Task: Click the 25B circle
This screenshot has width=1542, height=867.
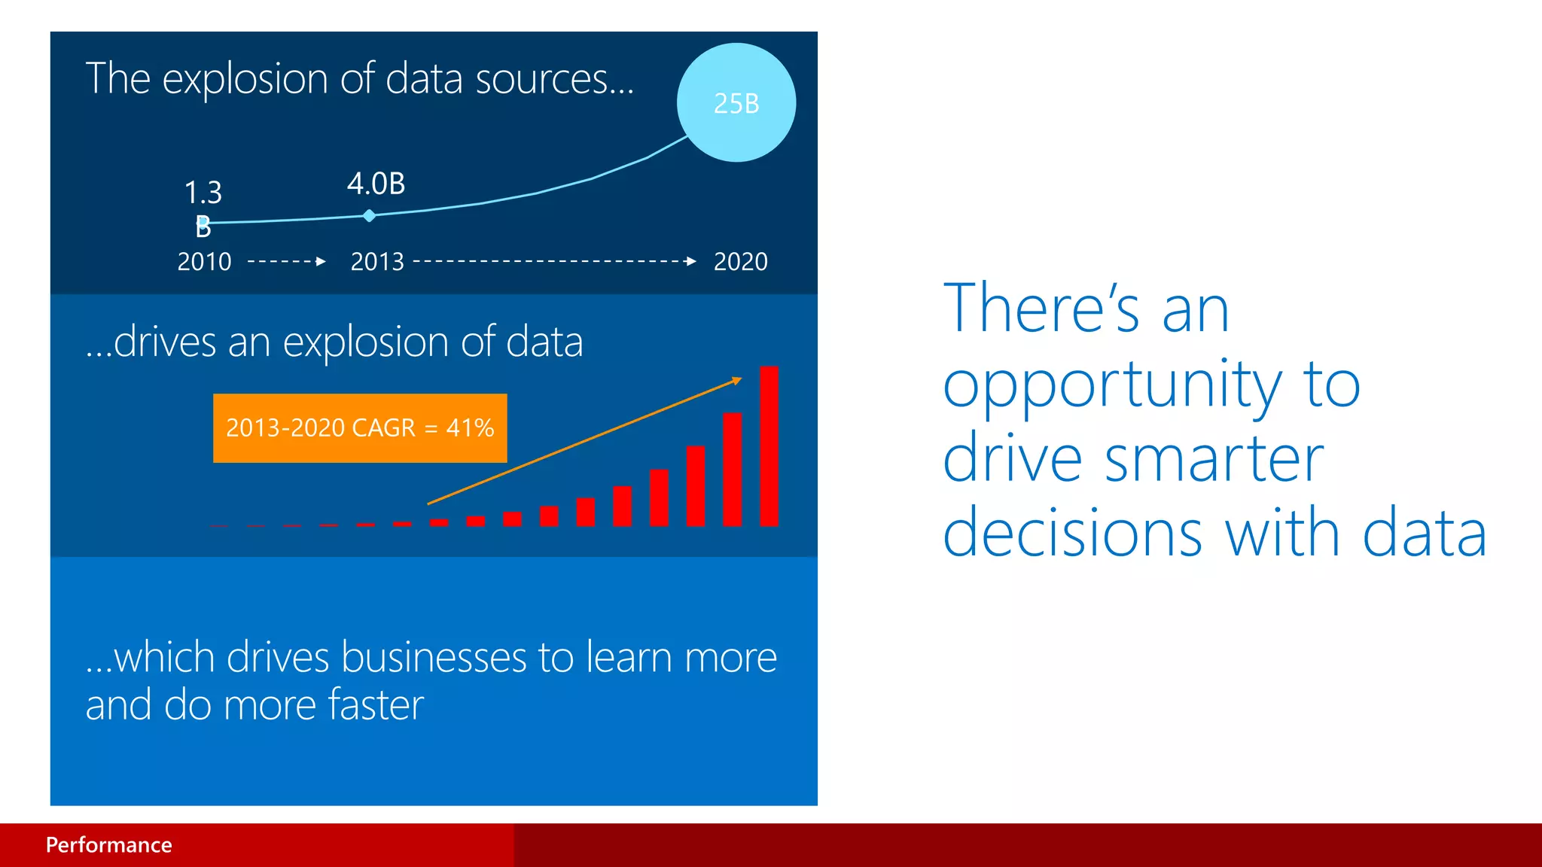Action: [736, 102]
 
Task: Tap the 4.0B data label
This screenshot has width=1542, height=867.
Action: [376, 184]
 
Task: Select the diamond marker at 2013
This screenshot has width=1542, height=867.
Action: [369, 216]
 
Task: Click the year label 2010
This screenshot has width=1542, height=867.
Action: [204, 262]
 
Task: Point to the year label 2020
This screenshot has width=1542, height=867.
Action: [740, 262]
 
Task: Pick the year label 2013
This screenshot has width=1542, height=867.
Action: [377, 262]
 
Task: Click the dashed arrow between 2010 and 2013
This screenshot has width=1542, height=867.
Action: [287, 262]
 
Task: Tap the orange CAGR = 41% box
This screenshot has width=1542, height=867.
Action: [360, 427]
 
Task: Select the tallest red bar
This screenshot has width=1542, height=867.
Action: [769, 446]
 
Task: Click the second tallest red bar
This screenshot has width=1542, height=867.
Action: [732, 469]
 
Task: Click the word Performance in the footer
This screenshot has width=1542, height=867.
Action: [109, 844]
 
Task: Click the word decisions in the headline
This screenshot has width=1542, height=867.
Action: [1072, 533]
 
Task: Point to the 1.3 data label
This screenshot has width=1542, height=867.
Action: [203, 193]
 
